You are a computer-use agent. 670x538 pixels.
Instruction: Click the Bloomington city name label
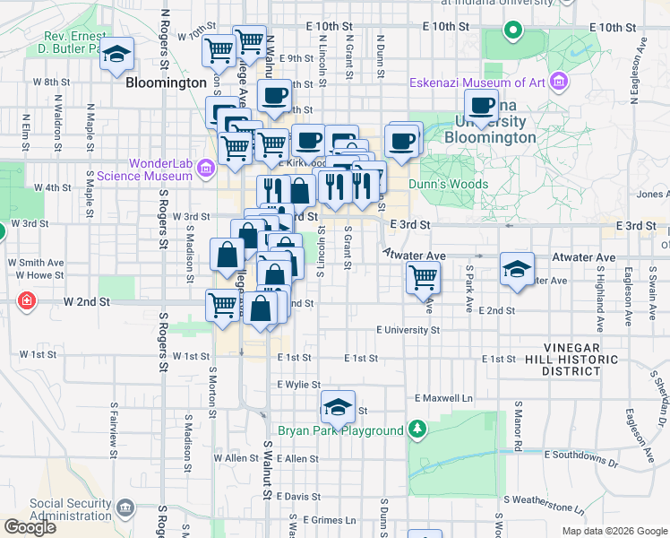pos(167,82)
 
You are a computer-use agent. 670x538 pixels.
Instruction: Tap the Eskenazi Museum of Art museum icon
pos(560,82)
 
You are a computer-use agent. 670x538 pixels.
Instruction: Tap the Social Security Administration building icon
pos(125,510)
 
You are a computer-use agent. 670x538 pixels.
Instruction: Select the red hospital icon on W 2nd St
pos(28,299)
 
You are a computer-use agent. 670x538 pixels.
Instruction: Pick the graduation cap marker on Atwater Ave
pos(517,269)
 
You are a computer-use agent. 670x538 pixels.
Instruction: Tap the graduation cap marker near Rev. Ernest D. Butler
pos(116,55)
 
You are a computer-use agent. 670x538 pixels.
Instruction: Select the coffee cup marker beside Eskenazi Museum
pos(481,106)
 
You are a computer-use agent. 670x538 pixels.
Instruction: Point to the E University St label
pos(408,330)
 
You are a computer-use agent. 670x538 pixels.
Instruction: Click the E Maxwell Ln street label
pos(442,397)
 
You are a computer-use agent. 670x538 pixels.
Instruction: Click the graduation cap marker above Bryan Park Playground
pos(338,407)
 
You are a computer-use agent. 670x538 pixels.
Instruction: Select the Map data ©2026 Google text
pos(614,531)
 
